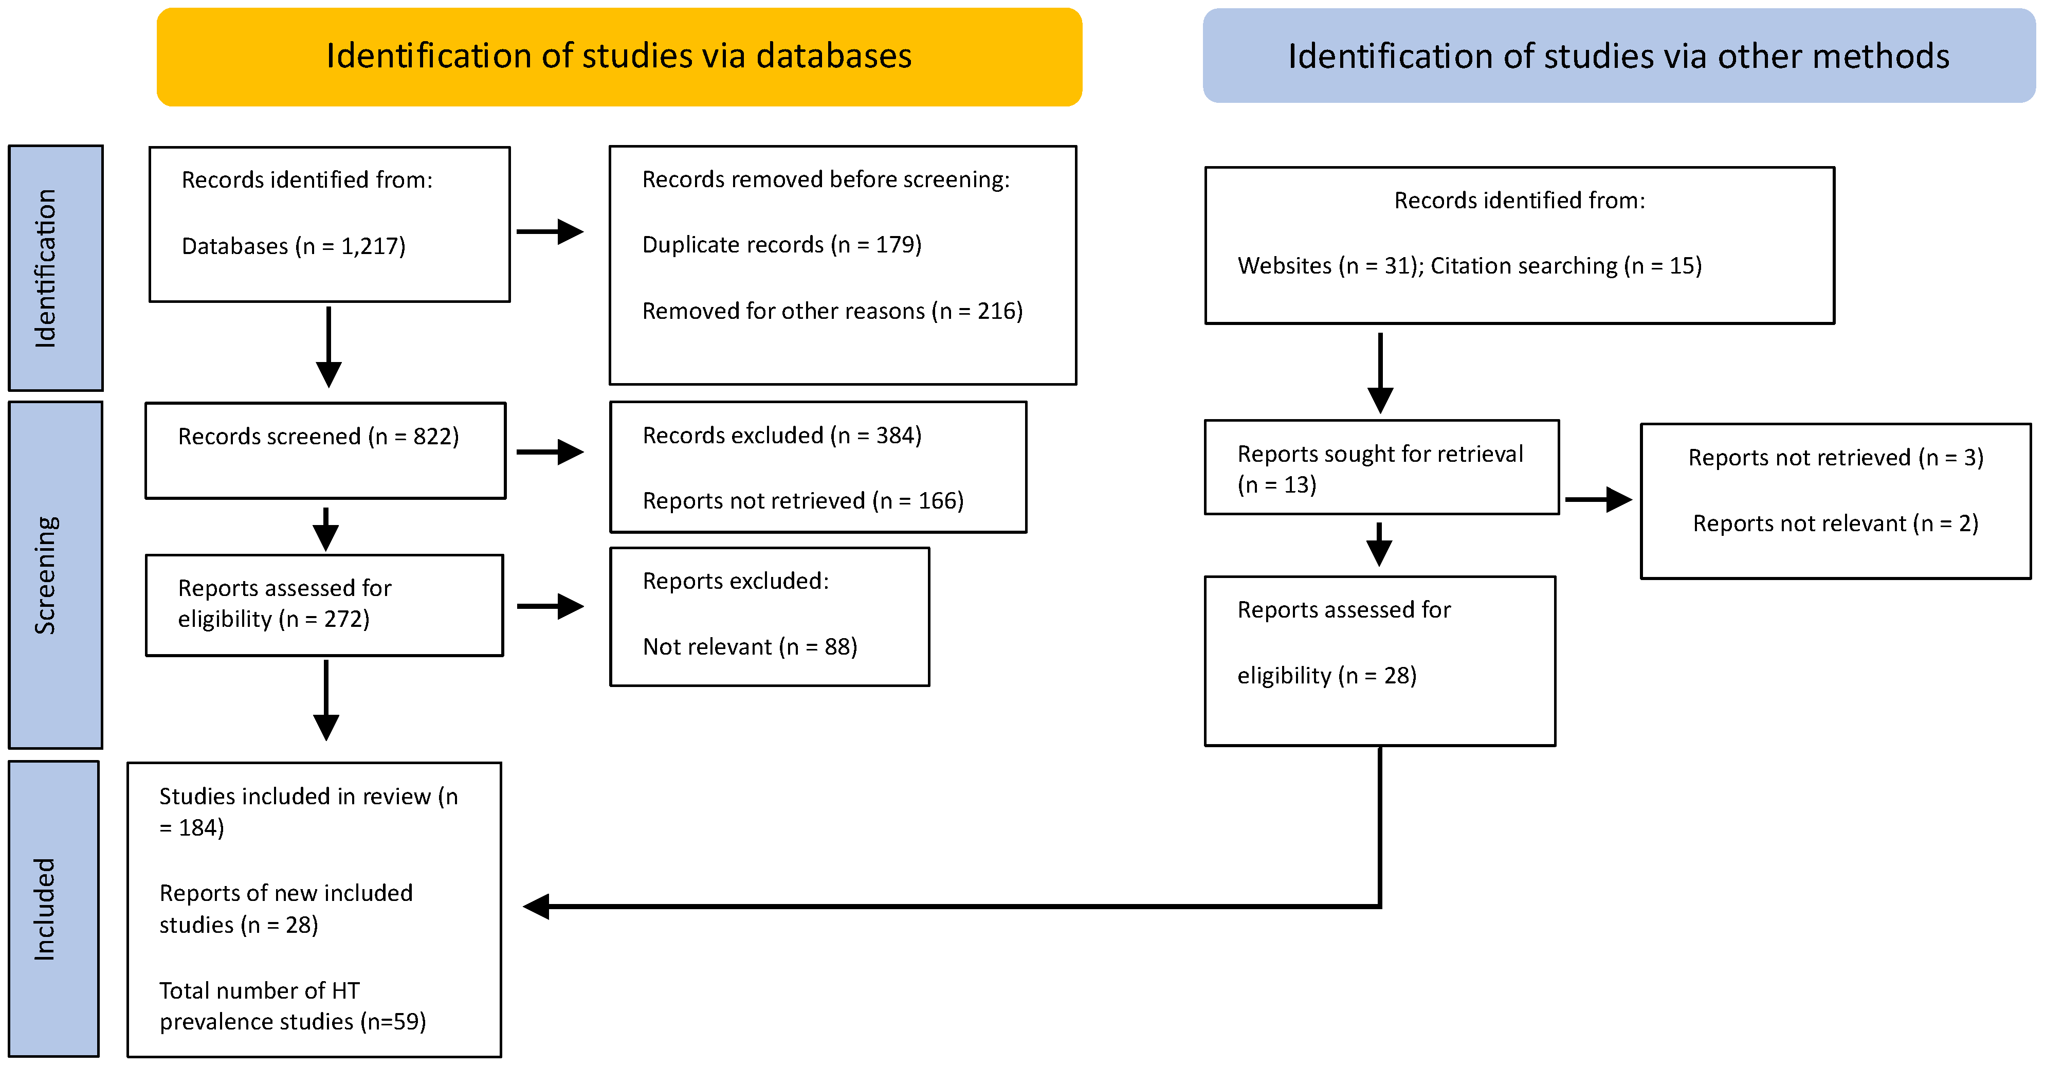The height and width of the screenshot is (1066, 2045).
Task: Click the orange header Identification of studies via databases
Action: tap(619, 57)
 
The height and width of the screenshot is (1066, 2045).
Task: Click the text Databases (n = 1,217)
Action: tap(293, 246)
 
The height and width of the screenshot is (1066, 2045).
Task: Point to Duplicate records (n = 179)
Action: tap(781, 245)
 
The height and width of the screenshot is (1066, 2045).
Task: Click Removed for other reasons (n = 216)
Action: tap(832, 311)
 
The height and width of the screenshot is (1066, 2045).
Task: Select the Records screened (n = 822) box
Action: tap(325, 450)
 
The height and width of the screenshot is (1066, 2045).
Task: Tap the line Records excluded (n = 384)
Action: tap(781, 436)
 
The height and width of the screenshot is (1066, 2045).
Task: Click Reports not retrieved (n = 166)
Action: tap(802, 500)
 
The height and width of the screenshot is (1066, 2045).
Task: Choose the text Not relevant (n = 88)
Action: tap(750, 646)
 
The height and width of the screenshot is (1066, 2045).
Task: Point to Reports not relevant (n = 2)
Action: tap(1835, 523)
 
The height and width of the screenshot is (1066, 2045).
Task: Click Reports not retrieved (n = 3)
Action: tap(1835, 458)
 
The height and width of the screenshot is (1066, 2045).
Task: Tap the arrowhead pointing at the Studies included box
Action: tap(537, 906)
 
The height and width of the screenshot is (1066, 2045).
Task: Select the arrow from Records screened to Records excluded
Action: tap(550, 452)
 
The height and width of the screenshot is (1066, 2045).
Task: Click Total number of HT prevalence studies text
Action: tap(292, 1006)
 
